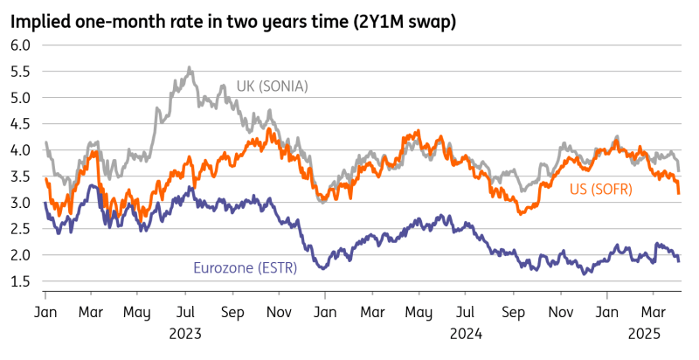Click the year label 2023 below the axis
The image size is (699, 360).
pos(186,333)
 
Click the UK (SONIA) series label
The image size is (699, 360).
pos(273,86)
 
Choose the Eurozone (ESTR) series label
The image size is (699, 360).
pos(245,267)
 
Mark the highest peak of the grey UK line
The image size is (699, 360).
pos(189,66)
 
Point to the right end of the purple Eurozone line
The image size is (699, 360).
pos(680,260)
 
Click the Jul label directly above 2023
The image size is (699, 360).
pos(186,310)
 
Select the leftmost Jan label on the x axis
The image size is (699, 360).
pos(45,310)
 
